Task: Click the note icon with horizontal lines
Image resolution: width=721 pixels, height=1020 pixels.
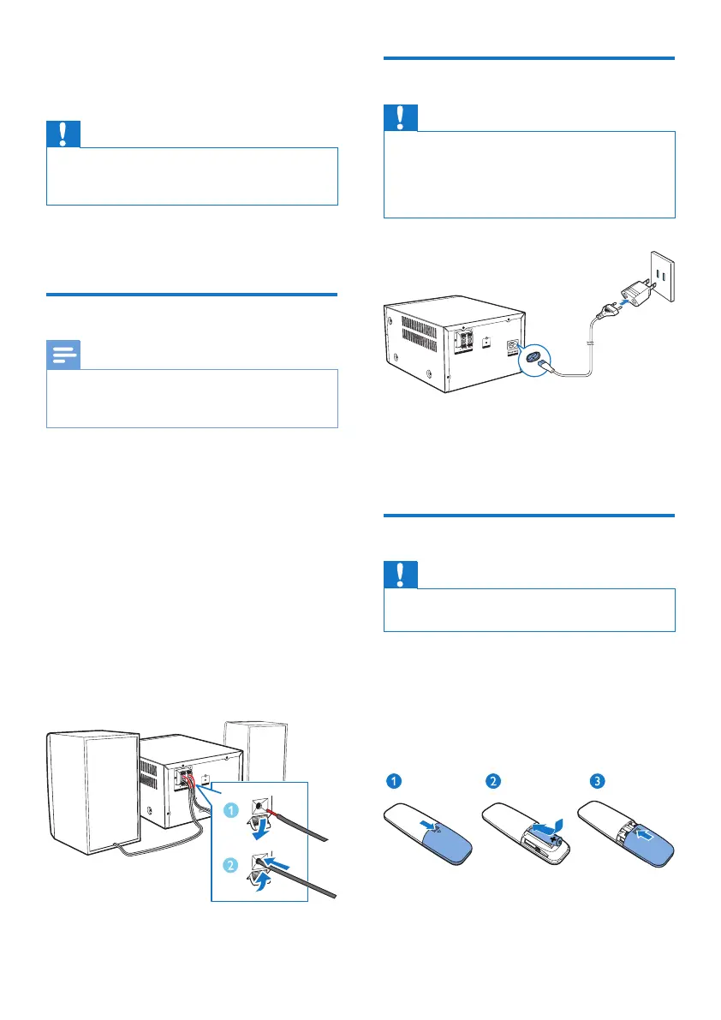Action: coord(64,355)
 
